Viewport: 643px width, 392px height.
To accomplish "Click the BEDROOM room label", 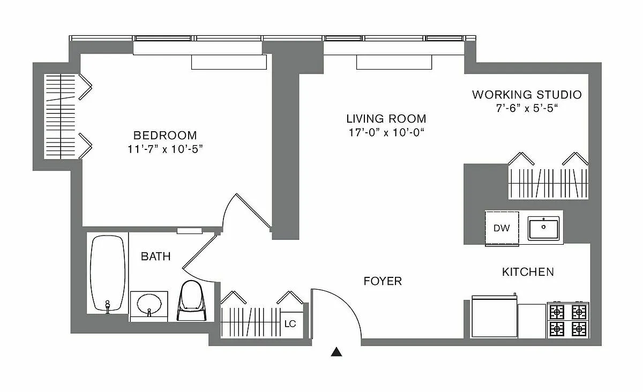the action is (165, 135).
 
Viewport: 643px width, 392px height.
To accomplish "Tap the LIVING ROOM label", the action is (386, 119).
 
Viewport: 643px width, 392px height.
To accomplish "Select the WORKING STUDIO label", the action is (526, 95).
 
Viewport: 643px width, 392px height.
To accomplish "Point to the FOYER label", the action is (383, 281).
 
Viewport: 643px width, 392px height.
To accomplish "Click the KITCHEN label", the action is (528, 272).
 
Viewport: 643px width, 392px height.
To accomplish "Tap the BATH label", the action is (155, 257).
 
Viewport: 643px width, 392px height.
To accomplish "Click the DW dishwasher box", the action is (502, 228).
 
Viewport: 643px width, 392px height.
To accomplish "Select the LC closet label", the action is (290, 324).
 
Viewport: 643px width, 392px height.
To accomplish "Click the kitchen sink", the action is (544, 228).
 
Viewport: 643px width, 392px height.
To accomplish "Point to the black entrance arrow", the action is (336, 352).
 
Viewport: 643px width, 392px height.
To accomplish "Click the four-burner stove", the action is (567, 320).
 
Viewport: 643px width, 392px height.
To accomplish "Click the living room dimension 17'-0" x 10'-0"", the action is (386, 132).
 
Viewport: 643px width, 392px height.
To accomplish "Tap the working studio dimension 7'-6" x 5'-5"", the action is (526, 108).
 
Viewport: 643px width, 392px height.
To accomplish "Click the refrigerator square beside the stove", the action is (532, 320).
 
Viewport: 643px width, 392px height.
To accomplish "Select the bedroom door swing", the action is (246, 212).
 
